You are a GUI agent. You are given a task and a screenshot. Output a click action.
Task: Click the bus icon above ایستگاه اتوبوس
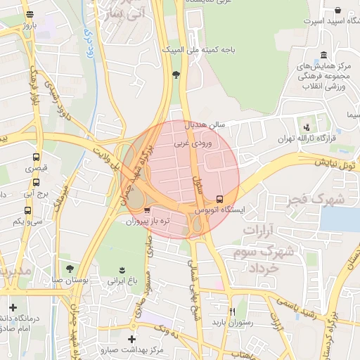[220, 198]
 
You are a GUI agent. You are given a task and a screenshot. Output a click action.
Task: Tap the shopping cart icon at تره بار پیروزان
[146, 210]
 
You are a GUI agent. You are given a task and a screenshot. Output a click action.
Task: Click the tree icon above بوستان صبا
[69, 268]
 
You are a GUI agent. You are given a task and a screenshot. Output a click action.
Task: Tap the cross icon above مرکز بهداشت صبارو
[131, 340]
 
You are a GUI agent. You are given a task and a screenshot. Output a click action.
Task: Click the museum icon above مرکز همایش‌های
[323, 56]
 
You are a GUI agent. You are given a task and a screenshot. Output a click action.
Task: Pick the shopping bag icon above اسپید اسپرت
[338, 11]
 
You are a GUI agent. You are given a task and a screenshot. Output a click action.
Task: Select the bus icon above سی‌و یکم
[27, 210]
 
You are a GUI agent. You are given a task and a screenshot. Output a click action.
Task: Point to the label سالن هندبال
[205, 124]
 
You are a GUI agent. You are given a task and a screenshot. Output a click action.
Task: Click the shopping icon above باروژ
[28, 14]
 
